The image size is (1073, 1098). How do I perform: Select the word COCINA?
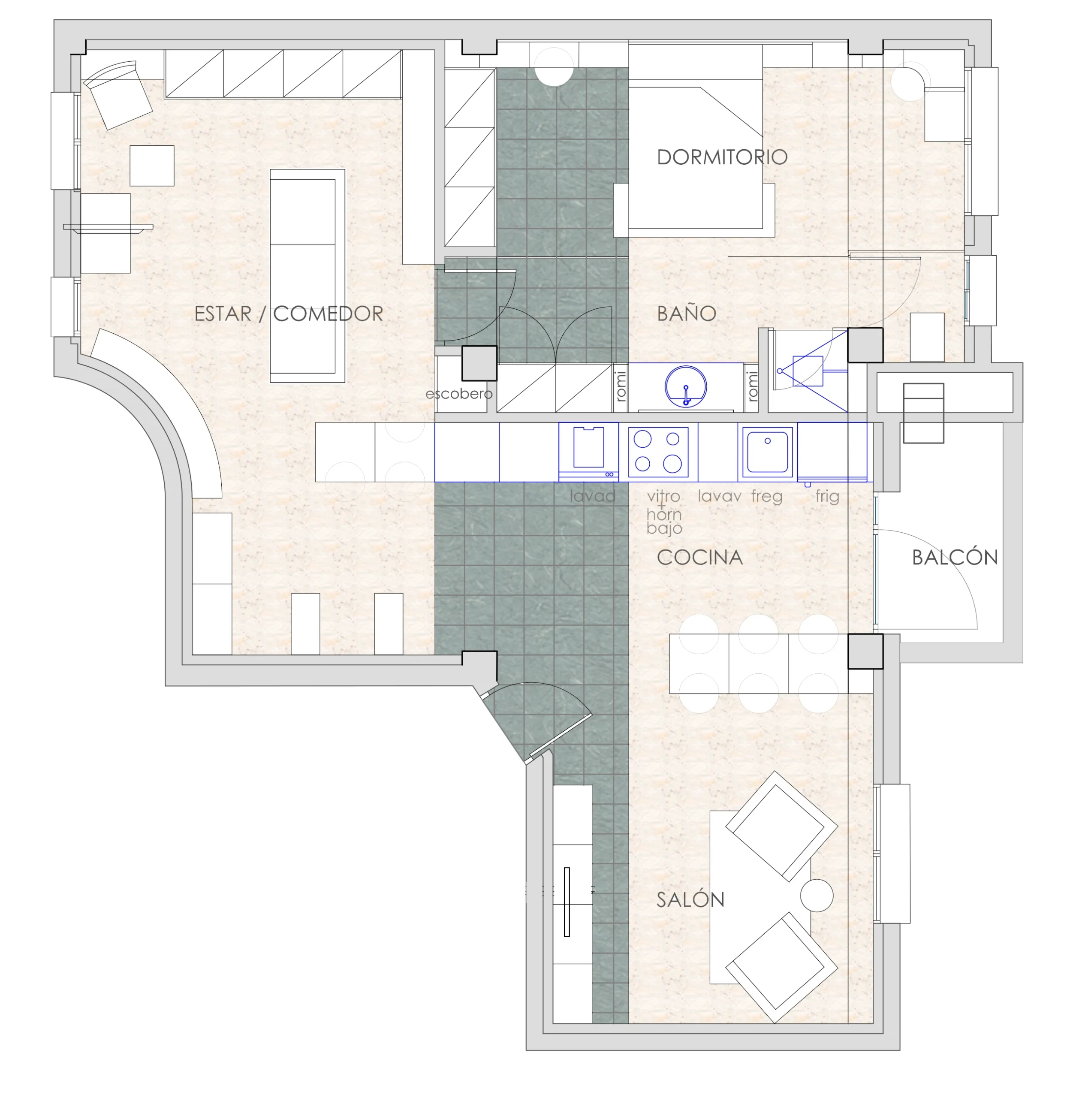click(700, 558)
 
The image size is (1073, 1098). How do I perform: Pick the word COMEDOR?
click(328, 314)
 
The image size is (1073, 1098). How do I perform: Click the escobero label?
click(459, 393)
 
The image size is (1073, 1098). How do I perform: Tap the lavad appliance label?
click(592, 496)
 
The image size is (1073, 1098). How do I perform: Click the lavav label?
click(719, 496)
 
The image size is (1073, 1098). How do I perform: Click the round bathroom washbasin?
click(686, 387)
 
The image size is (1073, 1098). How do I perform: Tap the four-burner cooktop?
click(658, 452)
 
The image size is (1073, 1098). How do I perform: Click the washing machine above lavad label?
click(588, 452)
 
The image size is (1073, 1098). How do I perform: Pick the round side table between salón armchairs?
click(817, 895)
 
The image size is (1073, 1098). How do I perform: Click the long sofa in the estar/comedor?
click(307, 276)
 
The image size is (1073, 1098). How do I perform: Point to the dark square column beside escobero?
click(479, 363)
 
